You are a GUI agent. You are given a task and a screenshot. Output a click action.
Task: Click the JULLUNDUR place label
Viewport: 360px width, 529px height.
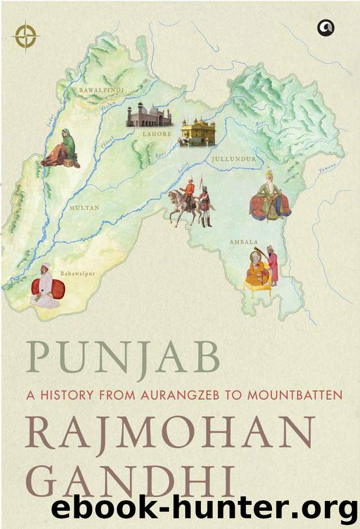(x=233, y=159)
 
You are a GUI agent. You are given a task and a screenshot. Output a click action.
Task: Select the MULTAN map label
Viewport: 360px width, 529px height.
(x=84, y=208)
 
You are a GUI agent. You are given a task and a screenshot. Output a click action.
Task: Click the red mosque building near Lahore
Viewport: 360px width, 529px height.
(x=149, y=116)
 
